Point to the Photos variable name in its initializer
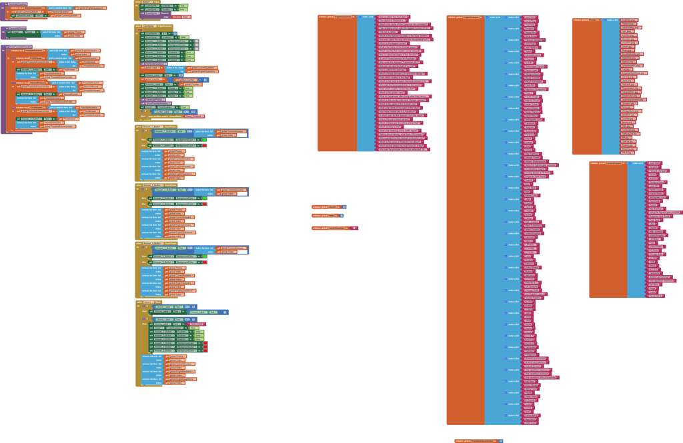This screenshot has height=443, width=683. coord(593,21)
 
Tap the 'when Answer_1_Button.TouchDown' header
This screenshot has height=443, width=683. coord(151,126)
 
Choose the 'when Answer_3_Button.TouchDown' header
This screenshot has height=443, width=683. coord(151,243)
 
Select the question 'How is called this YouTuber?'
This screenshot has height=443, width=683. coord(394,17)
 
